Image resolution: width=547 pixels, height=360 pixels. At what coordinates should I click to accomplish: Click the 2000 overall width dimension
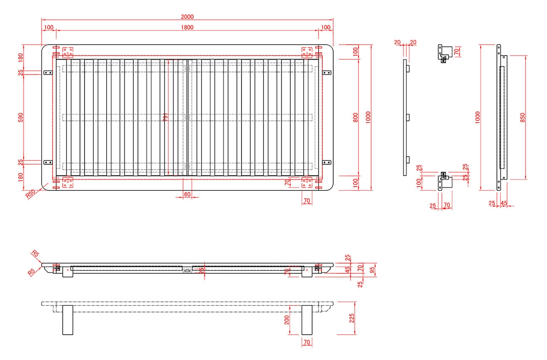click(187, 17)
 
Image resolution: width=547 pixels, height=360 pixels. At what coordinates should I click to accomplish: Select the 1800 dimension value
click(187, 27)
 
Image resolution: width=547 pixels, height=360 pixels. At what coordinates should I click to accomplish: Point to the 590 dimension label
click(21, 117)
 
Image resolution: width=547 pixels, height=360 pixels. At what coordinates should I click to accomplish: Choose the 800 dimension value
click(356, 117)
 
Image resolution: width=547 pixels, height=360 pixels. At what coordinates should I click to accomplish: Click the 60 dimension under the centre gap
click(187, 195)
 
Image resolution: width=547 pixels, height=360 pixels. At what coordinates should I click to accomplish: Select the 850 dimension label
click(522, 117)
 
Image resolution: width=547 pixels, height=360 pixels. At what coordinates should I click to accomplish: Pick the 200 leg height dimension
click(287, 319)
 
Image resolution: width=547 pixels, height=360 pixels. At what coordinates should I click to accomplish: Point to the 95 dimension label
click(372, 269)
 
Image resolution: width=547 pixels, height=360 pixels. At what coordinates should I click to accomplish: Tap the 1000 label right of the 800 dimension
click(368, 117)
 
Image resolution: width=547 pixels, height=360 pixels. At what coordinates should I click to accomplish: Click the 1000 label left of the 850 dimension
click(478, 117)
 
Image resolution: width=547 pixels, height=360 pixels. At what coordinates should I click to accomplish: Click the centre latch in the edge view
click(187, 270)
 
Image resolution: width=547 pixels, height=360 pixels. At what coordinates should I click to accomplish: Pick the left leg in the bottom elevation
click(68, 320)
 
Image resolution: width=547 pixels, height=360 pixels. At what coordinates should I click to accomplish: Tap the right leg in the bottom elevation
click(306, 320)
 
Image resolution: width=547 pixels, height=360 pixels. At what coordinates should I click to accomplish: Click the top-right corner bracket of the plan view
click(306, 52)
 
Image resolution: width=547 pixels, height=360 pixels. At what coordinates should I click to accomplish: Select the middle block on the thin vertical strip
click(408, 117)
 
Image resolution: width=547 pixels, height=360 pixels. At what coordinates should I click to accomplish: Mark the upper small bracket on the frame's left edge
click(47, 73)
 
